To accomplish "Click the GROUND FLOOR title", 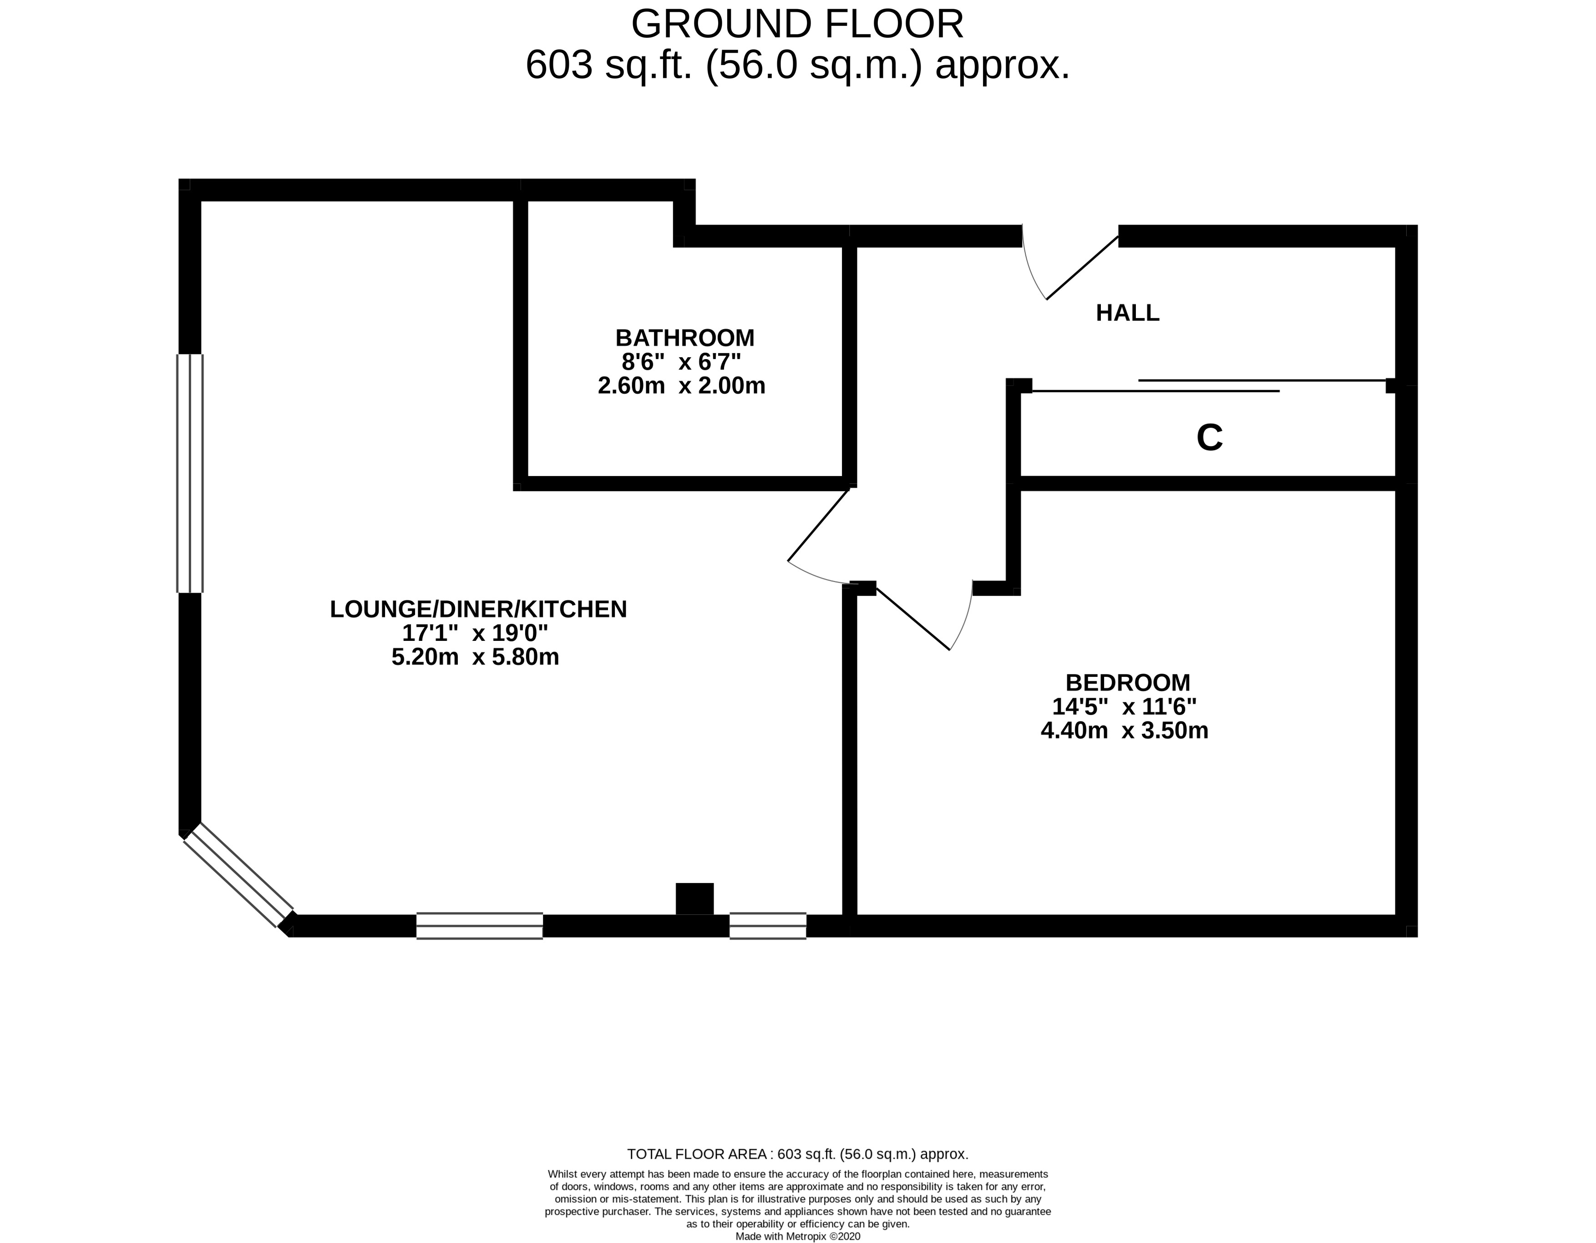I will (x=797, y=24).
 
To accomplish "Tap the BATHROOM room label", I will (x=685, y=338).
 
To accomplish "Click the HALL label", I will (x=1127, y=313).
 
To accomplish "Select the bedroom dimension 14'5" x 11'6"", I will (x=1124, y=707).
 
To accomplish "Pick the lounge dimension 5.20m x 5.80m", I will (x=475, y=657).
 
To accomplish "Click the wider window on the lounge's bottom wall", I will (x=479, y=926).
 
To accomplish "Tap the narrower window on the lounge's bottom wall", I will (x=767, y=926).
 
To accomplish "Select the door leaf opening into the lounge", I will (x=818, y=525).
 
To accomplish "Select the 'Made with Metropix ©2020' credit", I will (x=797, y=1237).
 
